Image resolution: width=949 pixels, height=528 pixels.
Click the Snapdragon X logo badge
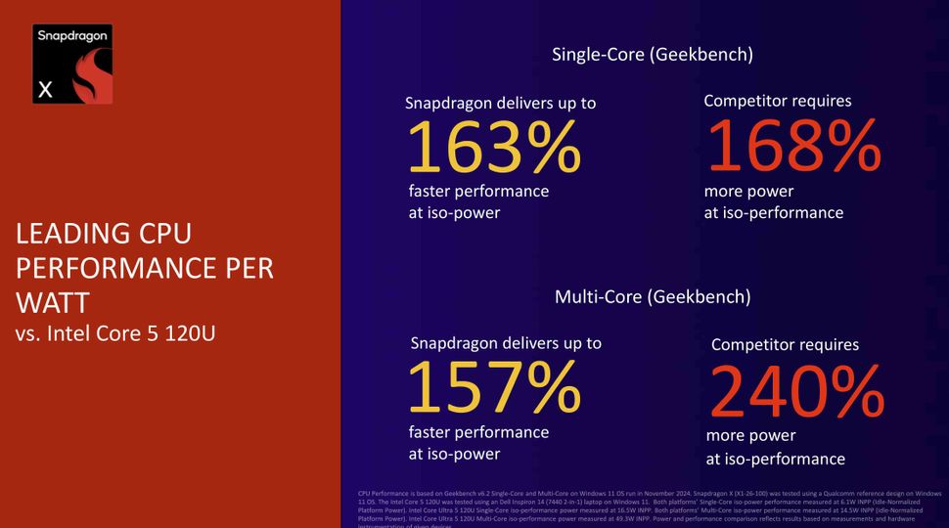(x=72, y=64)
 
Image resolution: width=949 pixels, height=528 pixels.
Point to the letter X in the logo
(x=45, y=90)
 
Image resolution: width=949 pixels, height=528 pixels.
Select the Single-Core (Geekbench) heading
(x=653, y=54)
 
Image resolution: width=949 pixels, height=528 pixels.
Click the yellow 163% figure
(x=493, y=148)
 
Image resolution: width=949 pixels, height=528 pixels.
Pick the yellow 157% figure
(x=494, y=387)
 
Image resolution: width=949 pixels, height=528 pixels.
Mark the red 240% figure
(x=797, y=391)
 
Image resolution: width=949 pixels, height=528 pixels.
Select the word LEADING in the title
(x=68, y=234)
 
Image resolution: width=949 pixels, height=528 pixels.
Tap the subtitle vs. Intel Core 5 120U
(x=114, y=332)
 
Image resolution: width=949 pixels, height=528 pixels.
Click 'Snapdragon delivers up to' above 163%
(x=501, y=103)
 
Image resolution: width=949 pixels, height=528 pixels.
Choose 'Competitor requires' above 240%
(x=785, y=344)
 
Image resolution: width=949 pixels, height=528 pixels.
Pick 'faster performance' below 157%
(x=478, y=431)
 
